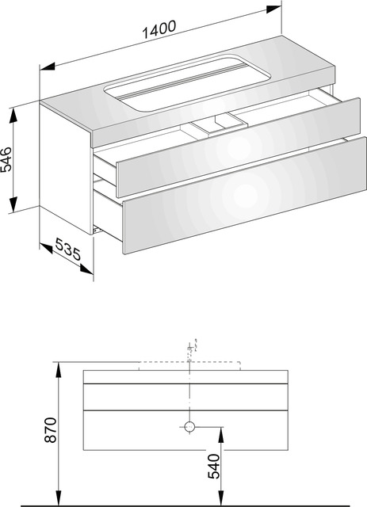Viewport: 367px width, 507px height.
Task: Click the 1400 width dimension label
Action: [x=159, y=29]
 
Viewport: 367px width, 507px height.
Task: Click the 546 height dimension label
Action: [x=6, y=159]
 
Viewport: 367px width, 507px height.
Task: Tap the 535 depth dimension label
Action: [x=67, y=249]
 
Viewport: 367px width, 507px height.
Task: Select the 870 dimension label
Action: [x=51, y=430]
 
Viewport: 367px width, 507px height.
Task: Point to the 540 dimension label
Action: [x=213, y=467]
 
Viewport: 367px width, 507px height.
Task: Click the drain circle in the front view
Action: [x=189, y=427]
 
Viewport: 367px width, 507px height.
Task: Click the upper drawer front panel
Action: [x=239, y=147]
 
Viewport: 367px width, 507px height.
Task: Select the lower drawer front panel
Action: [x=245, y=196]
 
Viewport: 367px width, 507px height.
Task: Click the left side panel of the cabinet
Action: [x=65, y=167]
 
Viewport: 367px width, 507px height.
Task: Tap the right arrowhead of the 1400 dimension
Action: [x=273, y=9]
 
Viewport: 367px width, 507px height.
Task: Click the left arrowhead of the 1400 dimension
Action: [x=48, y=67]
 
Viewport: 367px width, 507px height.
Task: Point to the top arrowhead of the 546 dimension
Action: [x=13, y=116]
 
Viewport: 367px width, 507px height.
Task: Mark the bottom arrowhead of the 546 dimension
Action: [x=13, y=204]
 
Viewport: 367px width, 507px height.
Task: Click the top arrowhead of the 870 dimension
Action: [x=59, y=369]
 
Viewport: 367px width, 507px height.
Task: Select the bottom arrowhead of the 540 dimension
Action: [x=221, y=497]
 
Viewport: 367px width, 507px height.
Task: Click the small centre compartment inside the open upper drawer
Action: [x=217, y=125]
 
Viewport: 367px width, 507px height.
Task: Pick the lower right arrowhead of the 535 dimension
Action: [x=86, y=269]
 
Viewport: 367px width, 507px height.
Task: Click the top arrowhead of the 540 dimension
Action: [x=221, y=434]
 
